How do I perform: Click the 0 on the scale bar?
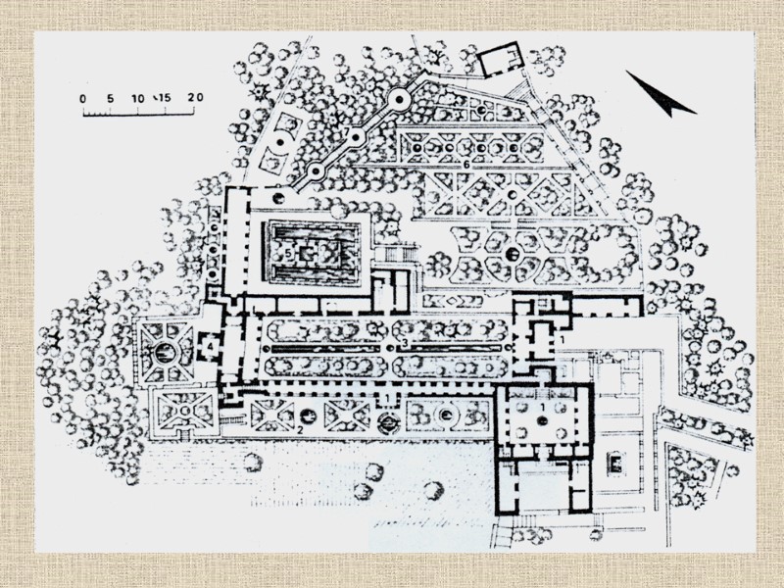(x=83, y=98)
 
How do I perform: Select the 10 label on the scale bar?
(x=137, y=98)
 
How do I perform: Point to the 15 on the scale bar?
(x=164, y=98)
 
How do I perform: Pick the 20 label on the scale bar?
(x=194, y=98)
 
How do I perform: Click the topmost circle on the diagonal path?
(x=399, y=98)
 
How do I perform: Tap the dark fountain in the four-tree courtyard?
(x=542, y=420)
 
